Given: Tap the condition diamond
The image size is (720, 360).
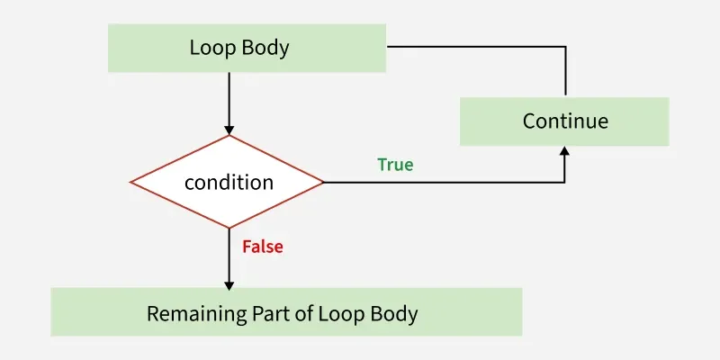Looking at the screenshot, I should click(x=229, y=182).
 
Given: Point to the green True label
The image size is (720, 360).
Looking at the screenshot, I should click(x=395, y=165).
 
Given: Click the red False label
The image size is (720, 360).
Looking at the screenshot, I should click(x=263, y=246).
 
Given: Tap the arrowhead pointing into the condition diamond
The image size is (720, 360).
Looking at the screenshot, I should click(x=229, y=129).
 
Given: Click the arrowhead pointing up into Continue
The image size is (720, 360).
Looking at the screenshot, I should click(x=565, y=152).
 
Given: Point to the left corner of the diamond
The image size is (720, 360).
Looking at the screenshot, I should click(x=132, y=182).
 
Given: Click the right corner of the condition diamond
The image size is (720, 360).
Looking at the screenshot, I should click(x=322, y=182).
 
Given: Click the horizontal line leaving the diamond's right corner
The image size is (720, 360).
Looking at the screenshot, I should click(x=441, y=183).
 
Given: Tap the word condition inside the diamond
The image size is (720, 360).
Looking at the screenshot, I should click(x=229, y=182).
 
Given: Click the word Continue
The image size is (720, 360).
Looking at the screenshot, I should click(x=565, y=121).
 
